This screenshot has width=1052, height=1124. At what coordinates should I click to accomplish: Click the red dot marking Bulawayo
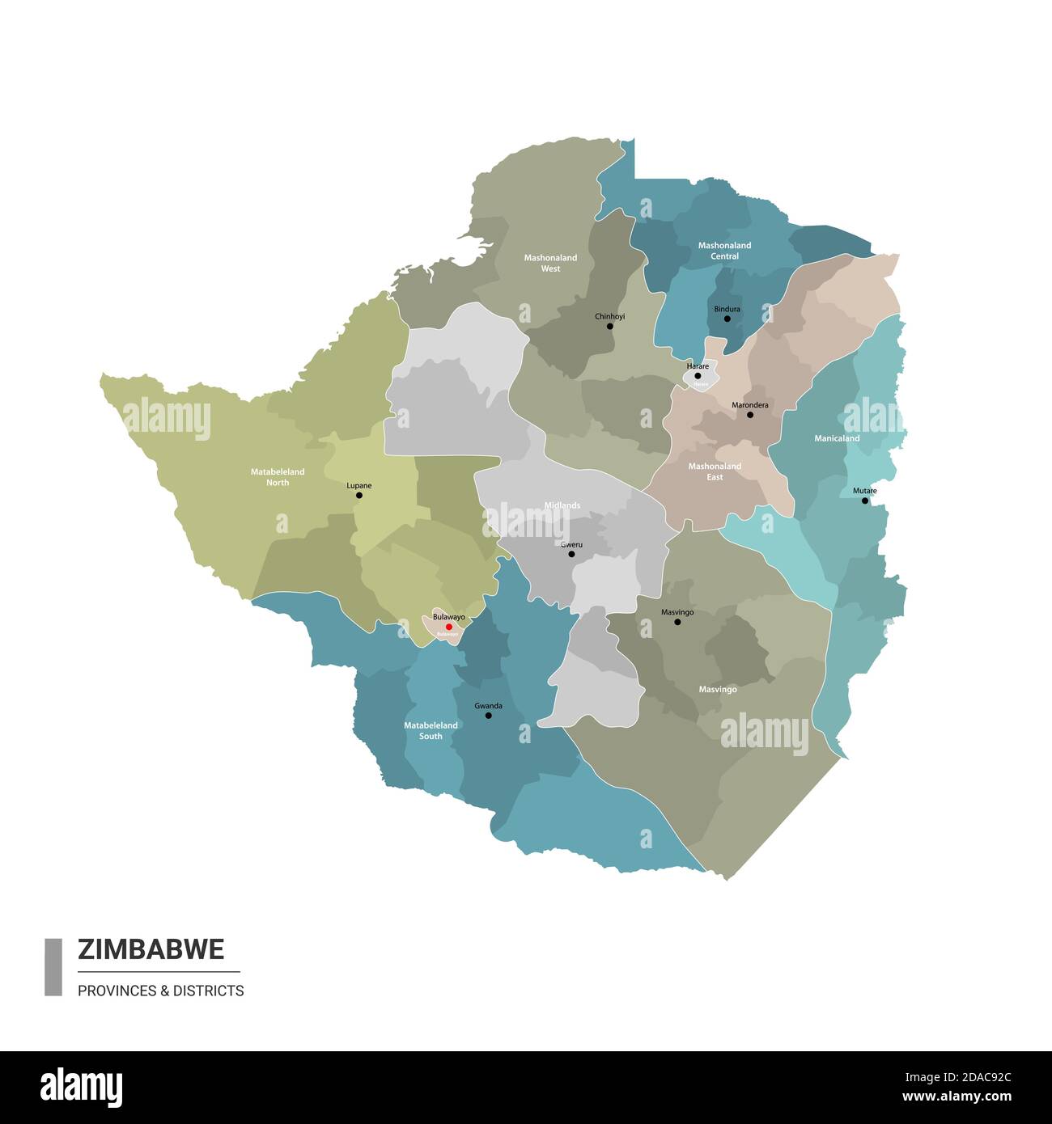coord(449,627)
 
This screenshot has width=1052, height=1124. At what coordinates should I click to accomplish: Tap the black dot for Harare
coord(698,376)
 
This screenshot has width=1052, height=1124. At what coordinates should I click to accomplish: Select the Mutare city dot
coord(864,501)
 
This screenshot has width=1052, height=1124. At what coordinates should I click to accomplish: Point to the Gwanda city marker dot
coord(488,716)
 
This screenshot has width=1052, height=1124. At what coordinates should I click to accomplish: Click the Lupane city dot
coord(359,495)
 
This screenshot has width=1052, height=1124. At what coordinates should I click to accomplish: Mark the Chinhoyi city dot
coord(609,327)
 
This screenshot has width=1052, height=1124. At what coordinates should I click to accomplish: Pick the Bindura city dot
coord(727,319)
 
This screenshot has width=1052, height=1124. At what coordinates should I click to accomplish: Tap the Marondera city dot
coord(749,415)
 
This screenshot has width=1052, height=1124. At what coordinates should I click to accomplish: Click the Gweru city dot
coord(571,554)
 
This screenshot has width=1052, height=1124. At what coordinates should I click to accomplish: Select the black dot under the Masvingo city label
coord(677,622)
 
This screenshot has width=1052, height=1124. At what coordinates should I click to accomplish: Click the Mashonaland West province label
coord(550,263)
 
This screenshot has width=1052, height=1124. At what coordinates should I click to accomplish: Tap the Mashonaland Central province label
coord(724,251)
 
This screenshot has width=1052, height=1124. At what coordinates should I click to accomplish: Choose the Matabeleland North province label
coord(278,477)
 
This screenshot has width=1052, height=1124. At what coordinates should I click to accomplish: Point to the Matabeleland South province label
coord(431,731)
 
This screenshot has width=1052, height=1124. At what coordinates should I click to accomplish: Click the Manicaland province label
coord(837,438)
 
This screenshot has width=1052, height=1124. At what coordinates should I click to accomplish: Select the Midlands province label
coord(562,505)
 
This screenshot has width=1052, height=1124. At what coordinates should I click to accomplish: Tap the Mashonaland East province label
coord(715,471)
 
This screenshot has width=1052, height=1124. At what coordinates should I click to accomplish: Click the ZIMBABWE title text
coord(151,949)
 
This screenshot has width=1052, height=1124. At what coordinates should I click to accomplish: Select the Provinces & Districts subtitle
coord(160,991)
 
